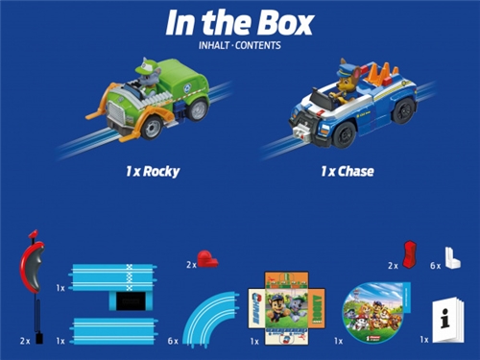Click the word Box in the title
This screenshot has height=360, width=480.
(288, 22)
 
